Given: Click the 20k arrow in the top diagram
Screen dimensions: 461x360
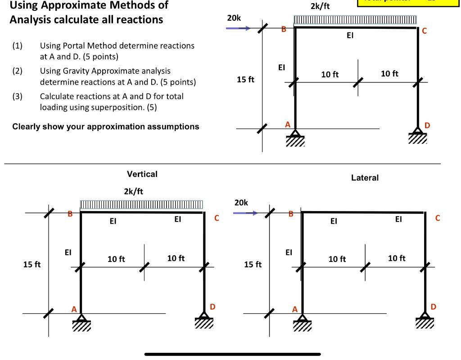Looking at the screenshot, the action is [238, 28].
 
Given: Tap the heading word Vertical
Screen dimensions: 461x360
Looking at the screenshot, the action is [142, 174].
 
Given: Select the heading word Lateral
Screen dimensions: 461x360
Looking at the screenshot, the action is [365, 178].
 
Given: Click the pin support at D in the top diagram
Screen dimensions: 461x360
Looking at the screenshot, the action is [418, 135].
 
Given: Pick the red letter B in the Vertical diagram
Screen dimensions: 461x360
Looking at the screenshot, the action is [70, 214].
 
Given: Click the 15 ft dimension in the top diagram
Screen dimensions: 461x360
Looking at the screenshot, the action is [246, 80].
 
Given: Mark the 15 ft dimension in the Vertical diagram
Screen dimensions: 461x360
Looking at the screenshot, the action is [32, 265].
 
